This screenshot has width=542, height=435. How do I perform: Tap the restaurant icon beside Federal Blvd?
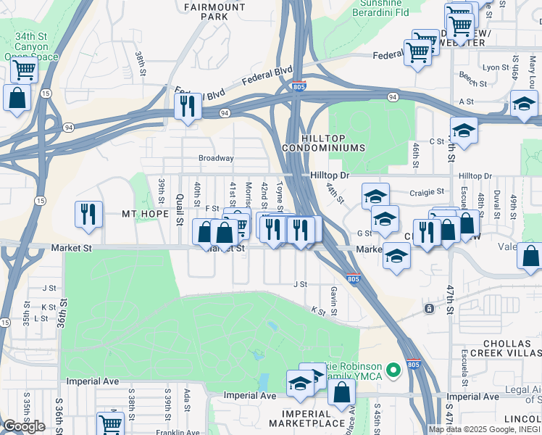click(187, 106)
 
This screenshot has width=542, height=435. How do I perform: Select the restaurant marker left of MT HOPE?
click(88, 214)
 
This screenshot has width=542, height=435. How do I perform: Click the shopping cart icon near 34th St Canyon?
click(24, 70)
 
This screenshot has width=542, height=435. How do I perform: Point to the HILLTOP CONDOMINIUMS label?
click(333, 141)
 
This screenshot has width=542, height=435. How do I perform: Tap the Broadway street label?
click(216, 158)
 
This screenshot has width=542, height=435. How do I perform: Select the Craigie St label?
click(426, 192)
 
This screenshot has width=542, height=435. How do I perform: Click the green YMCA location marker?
click(393, 370)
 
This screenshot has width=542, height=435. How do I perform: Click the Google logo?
click(23, 426)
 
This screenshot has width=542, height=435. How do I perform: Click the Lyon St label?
click(496, 67)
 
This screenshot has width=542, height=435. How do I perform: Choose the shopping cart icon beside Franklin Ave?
click(110, 423)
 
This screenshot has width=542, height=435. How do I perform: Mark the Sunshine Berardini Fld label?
click(381, 7)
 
